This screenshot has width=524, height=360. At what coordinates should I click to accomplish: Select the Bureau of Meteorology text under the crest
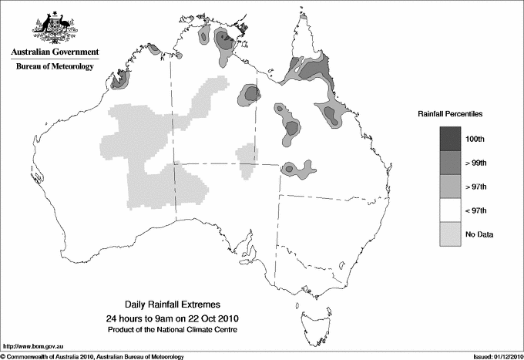click(x=55, y=67)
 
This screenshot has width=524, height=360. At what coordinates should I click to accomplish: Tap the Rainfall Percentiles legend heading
click(x=450, y=113)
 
